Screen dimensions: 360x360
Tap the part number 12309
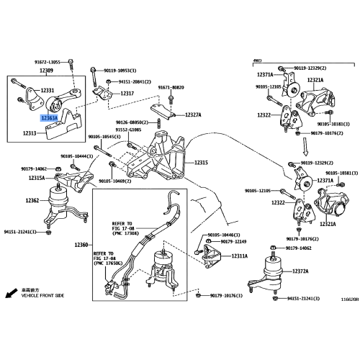click(x=47, y=71)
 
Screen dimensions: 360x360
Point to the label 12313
click(x=30, y=133)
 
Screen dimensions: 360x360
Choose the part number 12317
click(x=127, y=94)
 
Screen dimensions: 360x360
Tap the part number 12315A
click(x=37, y=177)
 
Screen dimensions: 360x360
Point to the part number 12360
click(x=83, y=246)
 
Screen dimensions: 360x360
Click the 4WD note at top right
click(x=258, y=60)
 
